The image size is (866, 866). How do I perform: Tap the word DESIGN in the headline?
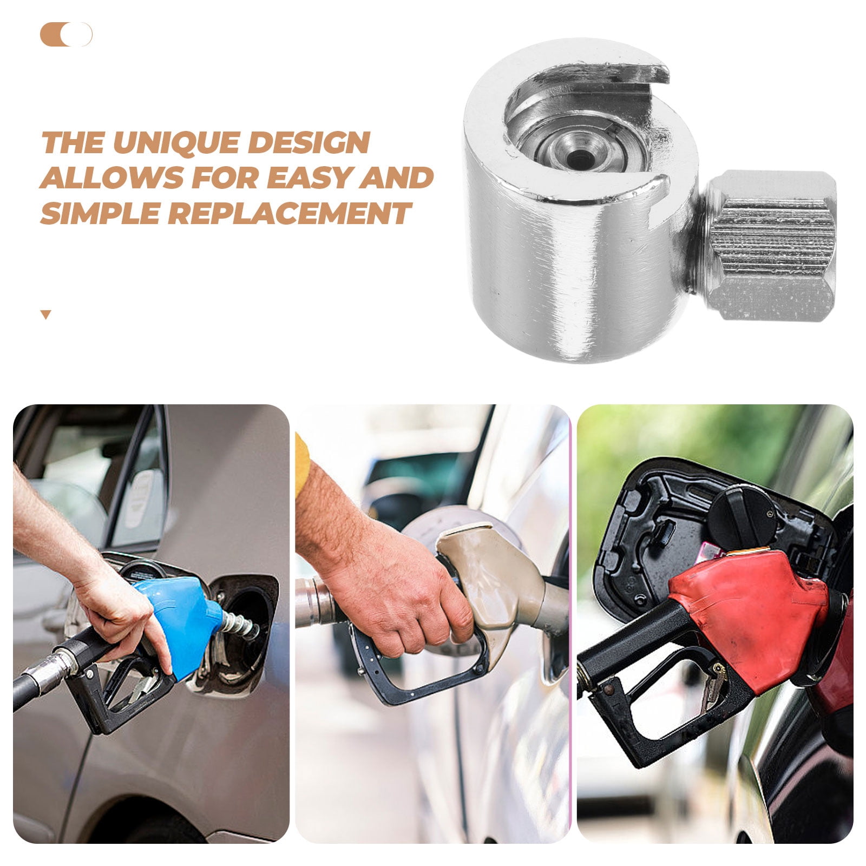coord(309,143)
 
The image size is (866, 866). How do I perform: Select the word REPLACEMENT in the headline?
coord(290,212)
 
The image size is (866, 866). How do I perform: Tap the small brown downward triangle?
coord(46,314)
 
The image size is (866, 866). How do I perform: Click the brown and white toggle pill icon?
coord(66,35)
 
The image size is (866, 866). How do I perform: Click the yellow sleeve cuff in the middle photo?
coord(302,465)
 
